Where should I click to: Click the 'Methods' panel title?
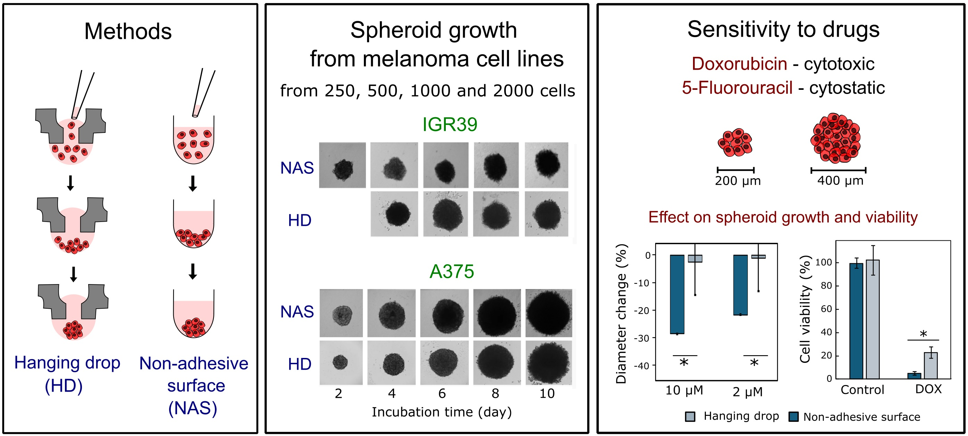(128, 31)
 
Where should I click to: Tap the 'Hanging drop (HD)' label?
(67, 374)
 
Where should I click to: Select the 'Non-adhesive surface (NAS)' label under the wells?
(193, 386)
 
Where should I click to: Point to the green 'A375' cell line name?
(451, 272)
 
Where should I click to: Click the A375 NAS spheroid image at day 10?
(549, 313)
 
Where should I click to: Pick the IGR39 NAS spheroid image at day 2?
(342, 165)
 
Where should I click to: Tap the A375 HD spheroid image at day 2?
(341, 362)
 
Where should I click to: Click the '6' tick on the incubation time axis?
(442, 394)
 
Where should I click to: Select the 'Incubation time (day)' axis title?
(442, 412)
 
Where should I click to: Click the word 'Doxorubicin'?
(739, 64)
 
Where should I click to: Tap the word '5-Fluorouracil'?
(737, 88)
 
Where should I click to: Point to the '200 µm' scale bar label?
(738, 181)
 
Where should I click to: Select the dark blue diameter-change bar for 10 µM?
(677, 294)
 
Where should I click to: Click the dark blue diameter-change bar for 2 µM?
(740, 285)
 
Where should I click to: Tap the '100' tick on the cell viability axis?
(824, 262)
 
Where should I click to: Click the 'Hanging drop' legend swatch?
(690, 417)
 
